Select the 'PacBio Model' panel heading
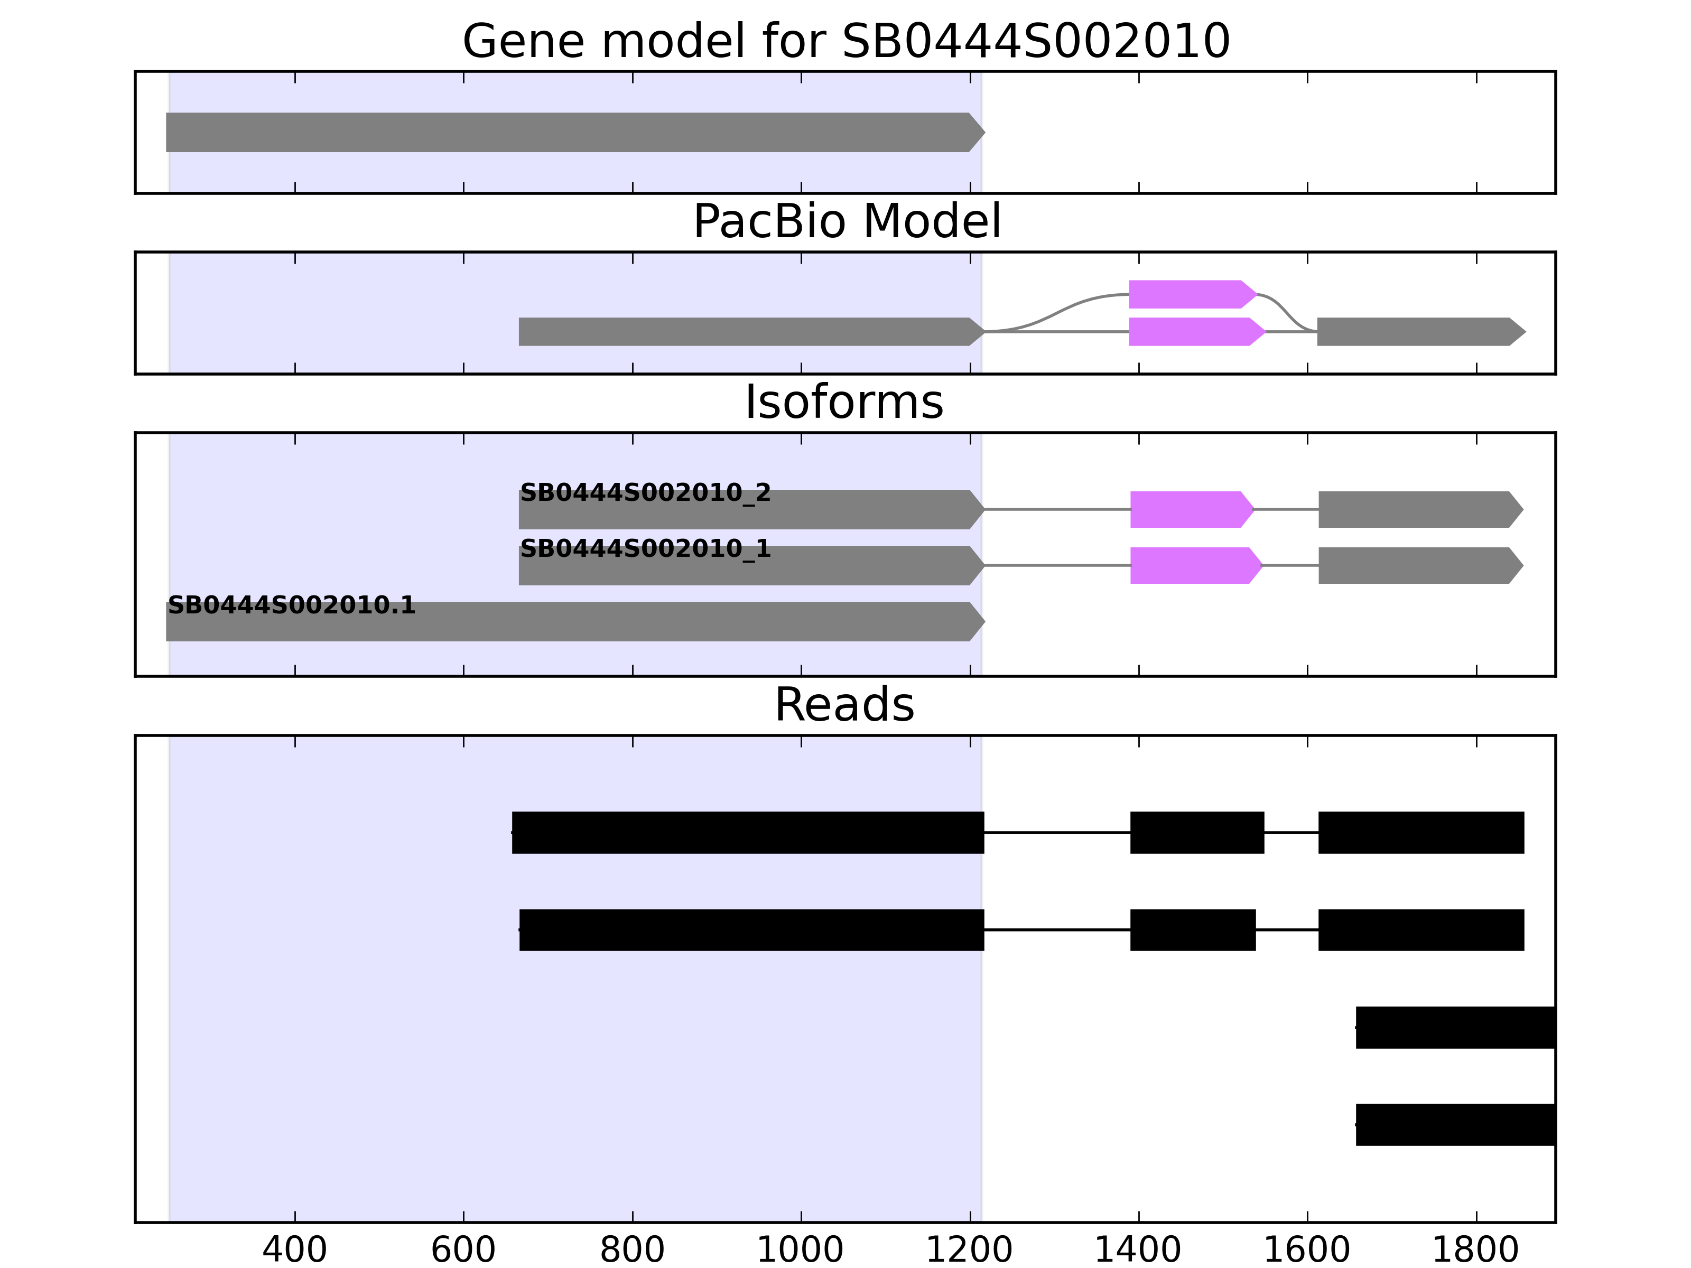coord(845,222)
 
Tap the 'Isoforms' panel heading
coord(844,402)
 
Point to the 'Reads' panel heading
coord(844,705)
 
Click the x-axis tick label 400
coord(294,1251)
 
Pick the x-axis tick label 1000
coord(801,1251)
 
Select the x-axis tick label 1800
coord(1475,1251)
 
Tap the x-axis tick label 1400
coord(1138,1251)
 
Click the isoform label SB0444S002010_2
coord(645,493)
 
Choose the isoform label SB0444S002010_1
coord(645,549)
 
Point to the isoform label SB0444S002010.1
coord(291,605)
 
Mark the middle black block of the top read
coord(1196,832)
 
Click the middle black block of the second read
coord(1193,930)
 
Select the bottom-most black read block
coord(1455,1124)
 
